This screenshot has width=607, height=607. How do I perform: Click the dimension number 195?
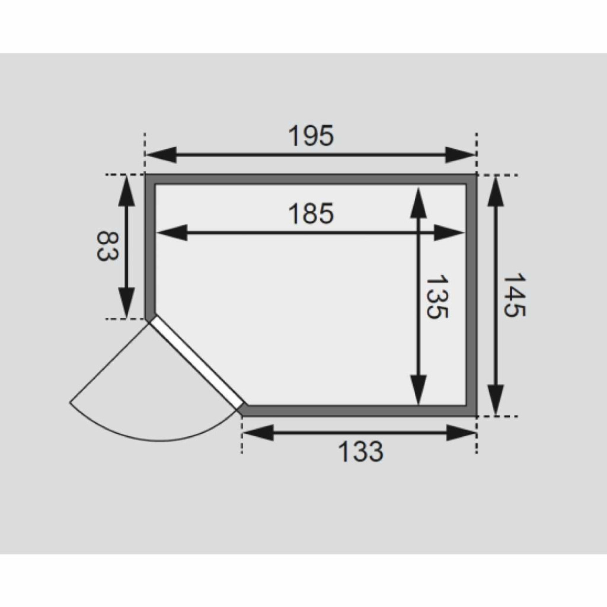click(311, 136)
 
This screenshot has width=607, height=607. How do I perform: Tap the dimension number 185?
click(311, 213)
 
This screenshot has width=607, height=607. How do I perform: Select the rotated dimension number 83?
click(107, 246)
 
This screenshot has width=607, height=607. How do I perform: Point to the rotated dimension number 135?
click(437, 296)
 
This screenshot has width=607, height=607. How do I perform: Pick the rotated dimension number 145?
click(514, 295)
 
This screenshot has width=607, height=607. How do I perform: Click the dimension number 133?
click(360, 451)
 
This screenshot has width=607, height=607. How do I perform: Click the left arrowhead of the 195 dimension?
click(161, 155)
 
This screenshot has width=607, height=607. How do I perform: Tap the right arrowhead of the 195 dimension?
click(460, 155)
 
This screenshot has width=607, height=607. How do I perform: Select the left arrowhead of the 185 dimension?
click(171, 232)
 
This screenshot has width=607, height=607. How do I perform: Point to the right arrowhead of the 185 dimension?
click(449, 232)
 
